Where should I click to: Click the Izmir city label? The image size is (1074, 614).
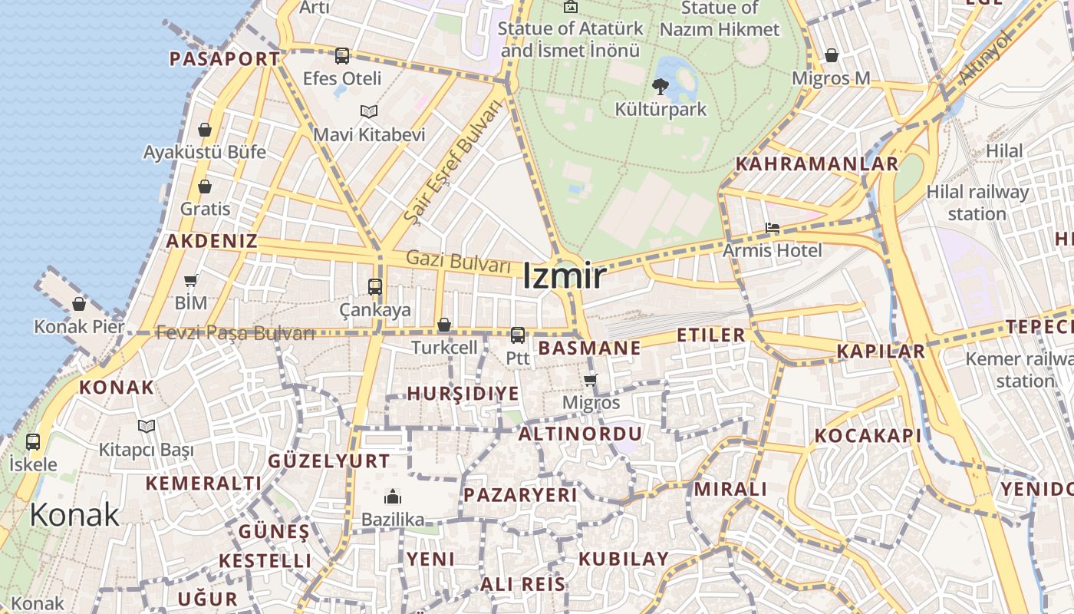point(565,276)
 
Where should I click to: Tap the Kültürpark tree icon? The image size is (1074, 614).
point(660,87)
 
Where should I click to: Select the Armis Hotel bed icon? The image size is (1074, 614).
point(772,229)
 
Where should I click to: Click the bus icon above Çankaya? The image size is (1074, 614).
point(375,287)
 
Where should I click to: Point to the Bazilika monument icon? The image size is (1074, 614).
point(393,496)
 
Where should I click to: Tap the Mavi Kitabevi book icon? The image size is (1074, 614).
point(369,112)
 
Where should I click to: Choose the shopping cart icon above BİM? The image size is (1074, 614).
point(191,280)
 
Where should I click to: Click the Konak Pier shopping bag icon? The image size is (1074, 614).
point(79,304)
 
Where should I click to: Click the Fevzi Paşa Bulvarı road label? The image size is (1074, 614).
point(235,333)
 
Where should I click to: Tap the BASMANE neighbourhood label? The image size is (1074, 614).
point(589,348)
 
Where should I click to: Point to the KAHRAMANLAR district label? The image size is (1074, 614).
point(816,163)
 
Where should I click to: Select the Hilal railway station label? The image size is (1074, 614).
point(977,203)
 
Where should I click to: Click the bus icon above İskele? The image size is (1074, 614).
point(33,442)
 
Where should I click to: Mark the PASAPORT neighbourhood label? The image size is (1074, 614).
point(225,59)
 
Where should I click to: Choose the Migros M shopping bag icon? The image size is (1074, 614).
point(832,55)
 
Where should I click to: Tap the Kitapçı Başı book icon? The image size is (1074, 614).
point(147,426)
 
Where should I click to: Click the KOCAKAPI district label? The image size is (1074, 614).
point(868,436)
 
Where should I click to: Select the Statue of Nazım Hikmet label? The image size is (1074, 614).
point(719,19)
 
